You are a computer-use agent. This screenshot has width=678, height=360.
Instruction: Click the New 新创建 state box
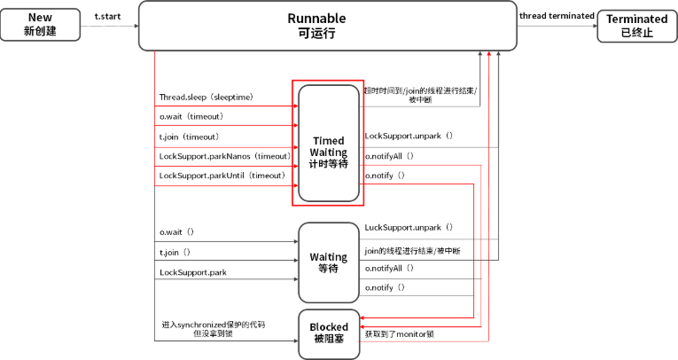40,25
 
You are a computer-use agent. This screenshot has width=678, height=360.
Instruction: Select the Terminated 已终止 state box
637,26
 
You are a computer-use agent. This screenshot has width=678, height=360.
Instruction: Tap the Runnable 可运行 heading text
316,26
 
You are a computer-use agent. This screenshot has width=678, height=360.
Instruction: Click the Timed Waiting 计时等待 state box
329,144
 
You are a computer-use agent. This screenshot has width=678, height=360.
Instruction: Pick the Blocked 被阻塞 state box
329,334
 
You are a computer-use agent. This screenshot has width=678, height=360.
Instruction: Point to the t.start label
107,17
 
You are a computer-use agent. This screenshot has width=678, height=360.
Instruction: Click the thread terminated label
557,16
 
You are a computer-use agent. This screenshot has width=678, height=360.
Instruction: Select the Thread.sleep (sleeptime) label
207,97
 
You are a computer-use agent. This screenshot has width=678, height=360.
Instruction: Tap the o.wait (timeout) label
191,116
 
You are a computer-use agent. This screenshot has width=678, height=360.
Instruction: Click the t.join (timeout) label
190,137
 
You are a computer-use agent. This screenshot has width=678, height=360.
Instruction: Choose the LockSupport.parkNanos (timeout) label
225,156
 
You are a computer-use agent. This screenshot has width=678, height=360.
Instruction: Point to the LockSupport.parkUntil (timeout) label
222,176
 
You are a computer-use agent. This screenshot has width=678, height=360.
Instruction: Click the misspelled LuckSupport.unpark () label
409,227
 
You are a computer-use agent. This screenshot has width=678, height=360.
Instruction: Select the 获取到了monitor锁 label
400,334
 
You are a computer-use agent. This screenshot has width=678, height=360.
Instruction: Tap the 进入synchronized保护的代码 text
214,325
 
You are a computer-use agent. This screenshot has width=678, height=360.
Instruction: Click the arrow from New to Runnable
109,26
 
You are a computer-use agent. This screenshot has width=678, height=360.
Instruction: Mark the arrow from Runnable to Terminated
557,26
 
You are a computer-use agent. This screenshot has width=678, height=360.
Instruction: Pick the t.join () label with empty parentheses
175,252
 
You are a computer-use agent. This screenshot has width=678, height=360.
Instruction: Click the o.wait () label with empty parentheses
177,232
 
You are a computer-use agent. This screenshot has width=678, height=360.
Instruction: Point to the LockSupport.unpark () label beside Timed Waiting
409,136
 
